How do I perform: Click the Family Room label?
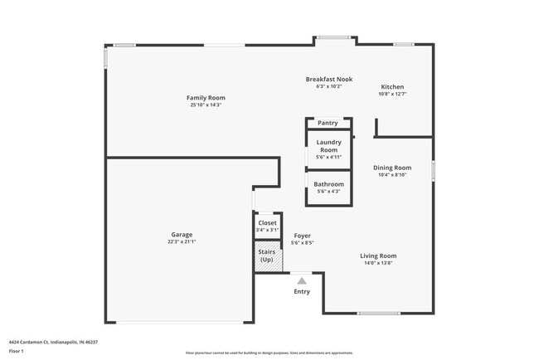[206, 98]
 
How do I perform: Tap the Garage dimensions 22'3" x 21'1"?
[182, 241]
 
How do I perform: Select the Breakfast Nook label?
[329, 80]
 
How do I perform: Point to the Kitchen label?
[392, 87]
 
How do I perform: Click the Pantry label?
[328, 123]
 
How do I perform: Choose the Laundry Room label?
[329, 146]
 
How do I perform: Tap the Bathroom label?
[328, 183]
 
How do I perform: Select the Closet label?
[267, 223]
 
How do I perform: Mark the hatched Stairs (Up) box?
[267, 255]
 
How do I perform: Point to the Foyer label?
[303, 236]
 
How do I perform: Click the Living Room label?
[378, 255]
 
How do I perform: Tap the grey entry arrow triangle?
[302, 281]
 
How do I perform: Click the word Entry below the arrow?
[302, 291]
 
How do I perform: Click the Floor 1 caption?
[17, 351]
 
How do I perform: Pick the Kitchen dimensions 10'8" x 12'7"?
[392, 95]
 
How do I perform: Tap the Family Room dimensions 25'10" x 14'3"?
[206, 105]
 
